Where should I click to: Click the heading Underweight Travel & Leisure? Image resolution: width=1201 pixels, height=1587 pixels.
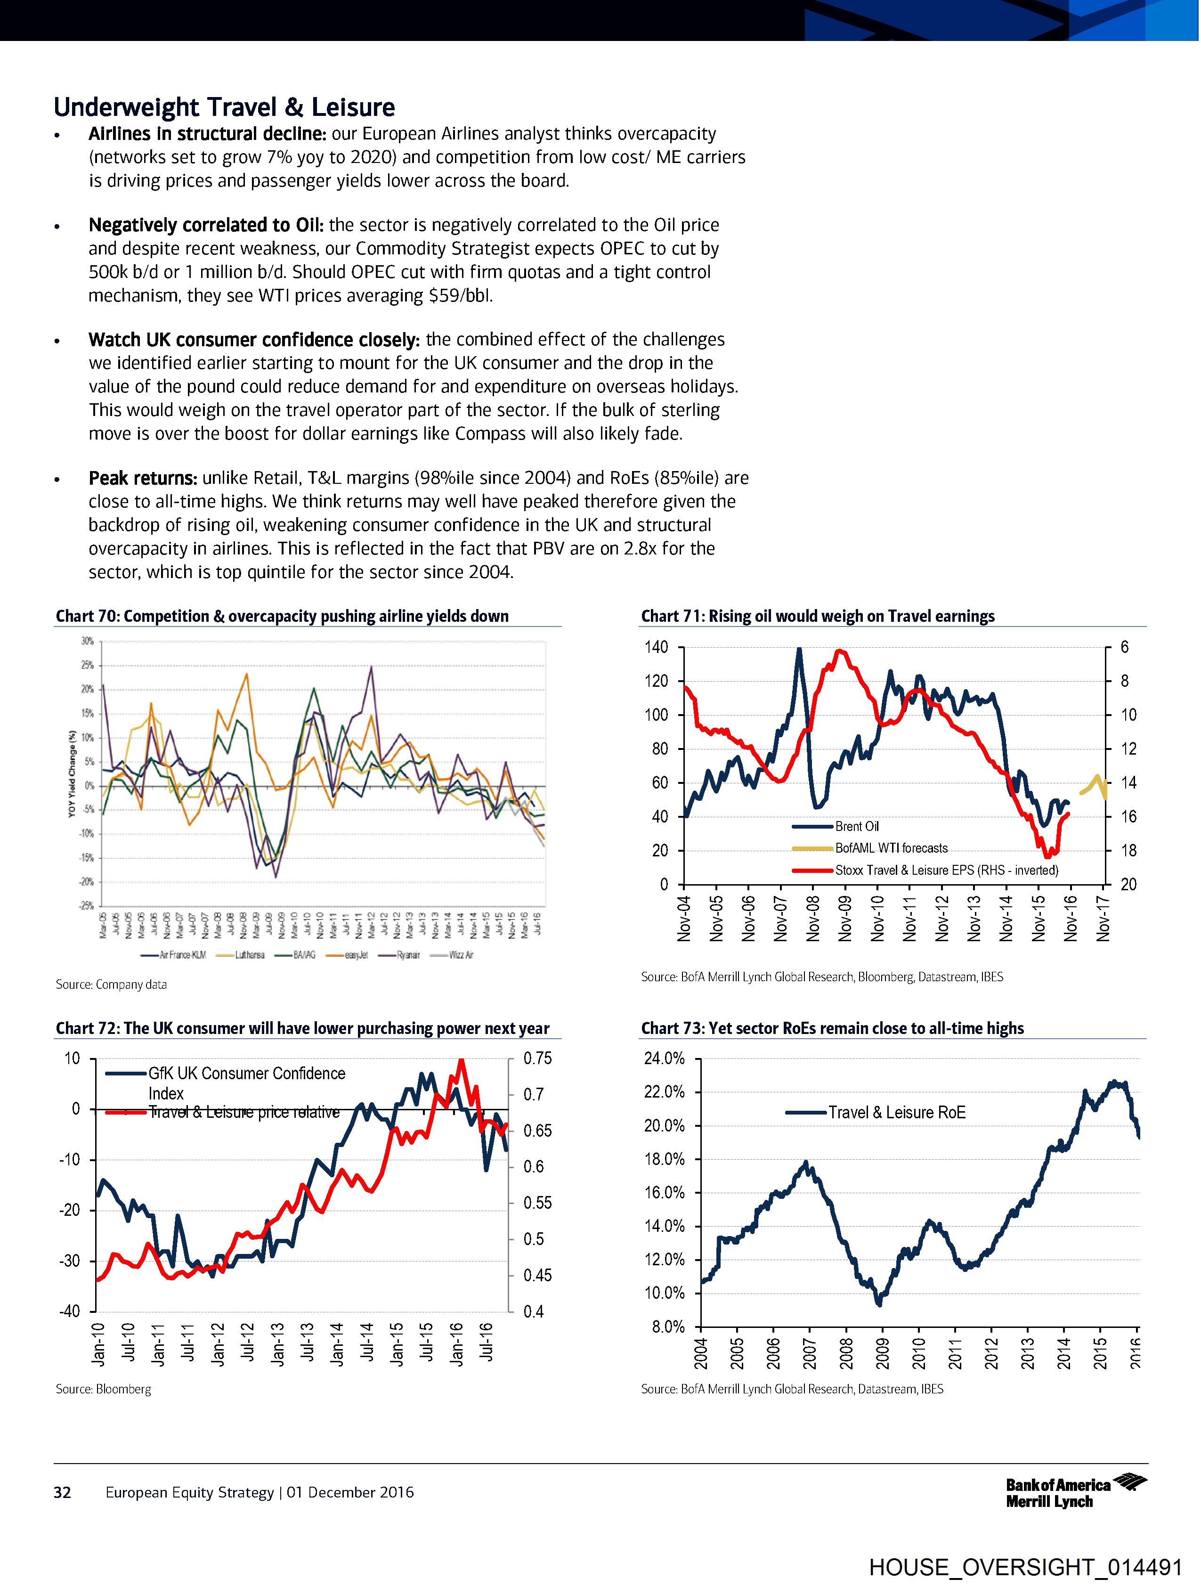coord(225,107)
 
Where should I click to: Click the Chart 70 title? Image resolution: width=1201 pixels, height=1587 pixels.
coord(282,616)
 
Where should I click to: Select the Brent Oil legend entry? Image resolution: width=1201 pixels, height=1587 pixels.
coord(857,827)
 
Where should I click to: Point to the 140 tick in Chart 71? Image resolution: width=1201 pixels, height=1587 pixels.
coord(657,647)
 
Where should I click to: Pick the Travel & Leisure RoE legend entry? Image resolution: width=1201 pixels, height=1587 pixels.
coord(897,1112)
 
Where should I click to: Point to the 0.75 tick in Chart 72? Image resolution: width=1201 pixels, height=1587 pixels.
coord(538,1059)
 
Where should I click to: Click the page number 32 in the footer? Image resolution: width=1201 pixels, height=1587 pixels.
coord(63,1492)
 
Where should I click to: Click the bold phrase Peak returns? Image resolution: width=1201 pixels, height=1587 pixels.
coord(143,478)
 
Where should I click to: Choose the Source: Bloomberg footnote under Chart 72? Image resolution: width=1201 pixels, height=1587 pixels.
coord(103,1389)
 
